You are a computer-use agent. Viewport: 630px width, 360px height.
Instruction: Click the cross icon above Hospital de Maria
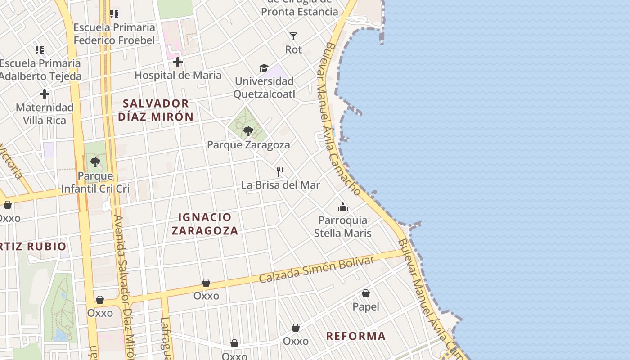coord(178,62)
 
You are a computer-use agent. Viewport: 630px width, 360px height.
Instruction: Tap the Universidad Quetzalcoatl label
coord(265,88)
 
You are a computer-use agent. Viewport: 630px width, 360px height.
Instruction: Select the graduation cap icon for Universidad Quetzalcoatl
coord(264,68)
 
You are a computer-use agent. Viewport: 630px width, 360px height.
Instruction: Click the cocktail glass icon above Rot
coord(293,36)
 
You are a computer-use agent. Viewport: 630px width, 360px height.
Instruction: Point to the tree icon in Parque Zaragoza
coord(248,131)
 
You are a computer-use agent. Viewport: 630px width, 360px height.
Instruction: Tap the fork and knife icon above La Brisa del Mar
coord(280,171)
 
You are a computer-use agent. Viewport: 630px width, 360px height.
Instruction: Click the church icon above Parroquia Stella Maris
coord(343,207)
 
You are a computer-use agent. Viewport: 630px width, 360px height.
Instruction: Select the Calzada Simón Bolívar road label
coord(316,270)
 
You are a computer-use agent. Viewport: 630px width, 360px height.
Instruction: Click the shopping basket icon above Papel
coord(366,294)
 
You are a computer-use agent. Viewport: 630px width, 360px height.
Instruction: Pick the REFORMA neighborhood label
coord(355,336)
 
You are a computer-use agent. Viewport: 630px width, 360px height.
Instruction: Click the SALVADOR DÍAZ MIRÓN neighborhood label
coord(156,110)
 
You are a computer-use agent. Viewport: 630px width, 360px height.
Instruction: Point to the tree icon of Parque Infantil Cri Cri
coord(95,162)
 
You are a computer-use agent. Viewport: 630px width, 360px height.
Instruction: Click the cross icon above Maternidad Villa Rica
coord(44,94)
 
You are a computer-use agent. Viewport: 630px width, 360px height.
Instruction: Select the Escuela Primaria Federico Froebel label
coord(114,34)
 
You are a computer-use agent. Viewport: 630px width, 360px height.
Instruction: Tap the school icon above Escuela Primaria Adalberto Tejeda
coord(40,49)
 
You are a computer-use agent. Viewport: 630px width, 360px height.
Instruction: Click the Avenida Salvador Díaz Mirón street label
coord(124,288)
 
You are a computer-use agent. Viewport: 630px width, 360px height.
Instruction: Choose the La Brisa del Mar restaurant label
coord(280,185)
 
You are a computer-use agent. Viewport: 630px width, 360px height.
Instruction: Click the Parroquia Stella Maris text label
coord(343,227)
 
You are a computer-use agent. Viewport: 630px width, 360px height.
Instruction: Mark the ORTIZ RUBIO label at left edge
coord(33,247)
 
